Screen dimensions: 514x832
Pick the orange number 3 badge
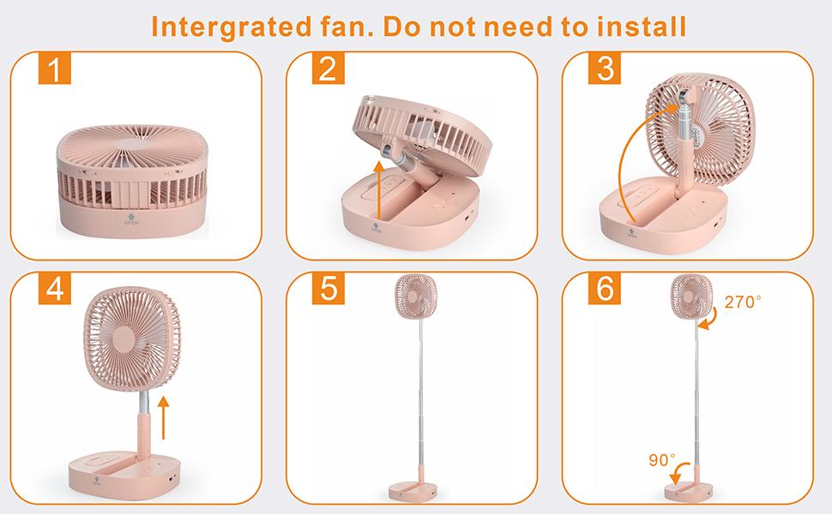coord(605,69)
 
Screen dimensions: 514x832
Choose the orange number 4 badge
coord(54,290)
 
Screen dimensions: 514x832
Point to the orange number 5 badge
coord(325,290)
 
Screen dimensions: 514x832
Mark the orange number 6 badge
coord(605,290)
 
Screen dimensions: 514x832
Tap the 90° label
coord(661,460)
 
